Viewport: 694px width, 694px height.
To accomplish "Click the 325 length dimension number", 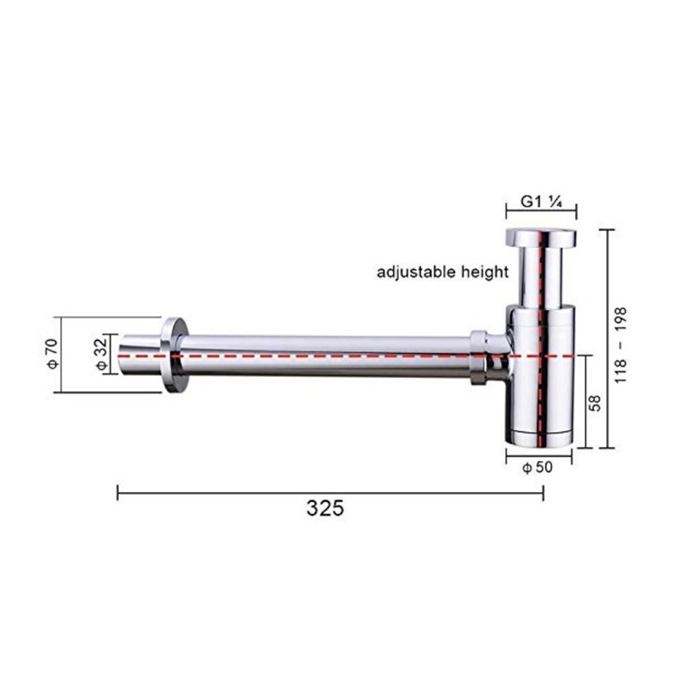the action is tap(325, 508).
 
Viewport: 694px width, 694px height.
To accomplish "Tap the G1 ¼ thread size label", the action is tap(541, 202).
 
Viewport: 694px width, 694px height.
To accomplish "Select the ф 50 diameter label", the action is tap(538, 467).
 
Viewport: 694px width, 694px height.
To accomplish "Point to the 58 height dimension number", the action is tap(596, 403).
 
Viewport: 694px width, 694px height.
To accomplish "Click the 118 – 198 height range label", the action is tap(620, 345).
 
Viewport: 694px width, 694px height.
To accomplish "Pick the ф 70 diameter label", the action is tap(52, 354).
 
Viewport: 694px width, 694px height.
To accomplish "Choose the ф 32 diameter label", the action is tap(102, 354).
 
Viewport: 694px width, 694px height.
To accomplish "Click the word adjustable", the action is tap(416, 271).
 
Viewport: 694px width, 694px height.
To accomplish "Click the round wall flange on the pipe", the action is tap(175, 355).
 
